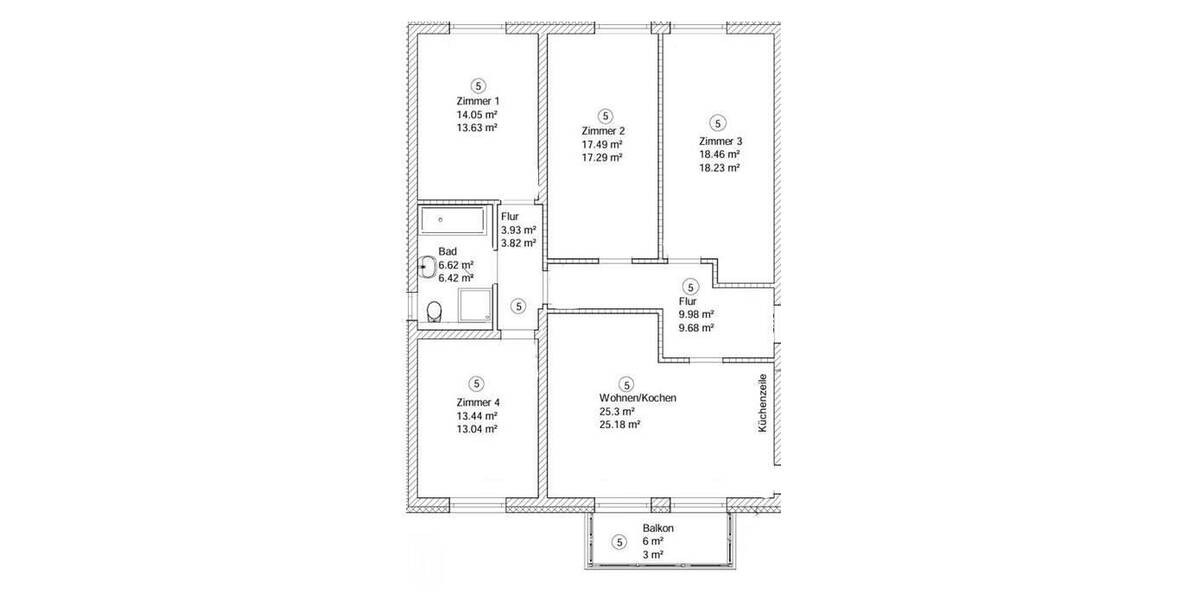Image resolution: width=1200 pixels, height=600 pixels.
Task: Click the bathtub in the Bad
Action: (451, 220)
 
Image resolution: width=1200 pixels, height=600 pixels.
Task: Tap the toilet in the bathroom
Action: (433, 310)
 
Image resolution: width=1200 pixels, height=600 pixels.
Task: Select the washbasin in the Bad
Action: (427, 266)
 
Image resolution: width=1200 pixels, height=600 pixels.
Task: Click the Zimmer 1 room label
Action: (477, 101)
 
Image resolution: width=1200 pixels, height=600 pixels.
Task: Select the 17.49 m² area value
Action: (602, 144)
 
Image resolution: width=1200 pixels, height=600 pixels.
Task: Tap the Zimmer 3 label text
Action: (719, 141)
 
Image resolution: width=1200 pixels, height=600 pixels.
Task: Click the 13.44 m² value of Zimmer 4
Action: (477, 415)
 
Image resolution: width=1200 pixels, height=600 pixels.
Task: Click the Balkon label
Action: (657, 528)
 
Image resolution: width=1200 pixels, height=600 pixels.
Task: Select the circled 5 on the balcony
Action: (619, 542)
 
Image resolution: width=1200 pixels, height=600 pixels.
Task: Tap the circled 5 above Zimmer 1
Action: (478, 85)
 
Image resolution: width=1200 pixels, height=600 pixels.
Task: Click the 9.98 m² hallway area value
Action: (695, 314)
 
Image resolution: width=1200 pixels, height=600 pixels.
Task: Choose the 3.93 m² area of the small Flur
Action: (519, 229)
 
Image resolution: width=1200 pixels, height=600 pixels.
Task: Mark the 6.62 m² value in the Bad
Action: (455, 265)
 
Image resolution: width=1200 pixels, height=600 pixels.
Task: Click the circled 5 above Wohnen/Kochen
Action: (627, 383)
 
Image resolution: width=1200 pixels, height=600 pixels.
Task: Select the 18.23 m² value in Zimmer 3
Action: (719, 168)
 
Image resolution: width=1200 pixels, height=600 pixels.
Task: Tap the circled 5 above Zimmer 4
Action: (477, 383)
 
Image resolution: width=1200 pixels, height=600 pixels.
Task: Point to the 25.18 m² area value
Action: (620, 424)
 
